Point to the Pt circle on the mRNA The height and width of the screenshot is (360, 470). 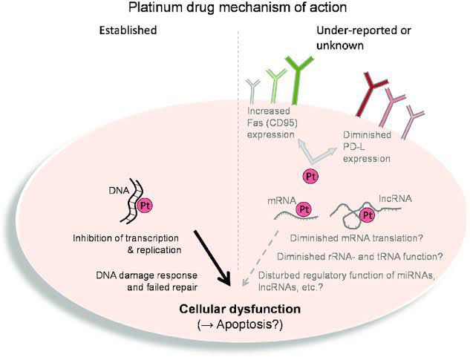[303, 209]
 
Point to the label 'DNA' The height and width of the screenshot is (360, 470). [117, 190]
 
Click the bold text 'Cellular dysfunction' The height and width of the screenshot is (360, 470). [235, 309]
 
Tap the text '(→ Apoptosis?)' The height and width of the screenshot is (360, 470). [235, 324]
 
